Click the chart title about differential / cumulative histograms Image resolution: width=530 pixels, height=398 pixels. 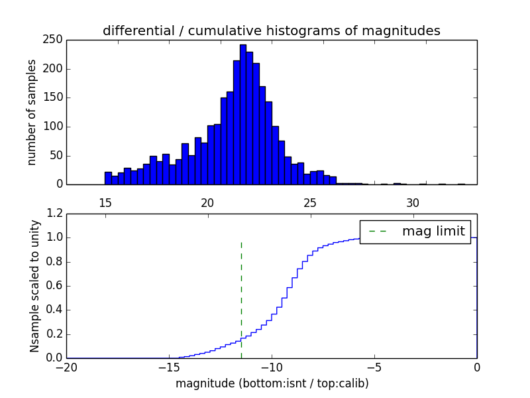tap(271, 31)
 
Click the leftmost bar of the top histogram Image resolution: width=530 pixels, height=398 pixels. tap(108, 178)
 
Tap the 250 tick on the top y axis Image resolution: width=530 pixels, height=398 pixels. tap(55, 40)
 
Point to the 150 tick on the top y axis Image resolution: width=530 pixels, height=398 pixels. tap(55, 98)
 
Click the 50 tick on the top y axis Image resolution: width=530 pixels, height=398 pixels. tap(55, 155)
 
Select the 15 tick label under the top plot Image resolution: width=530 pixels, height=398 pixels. tap(105, 202)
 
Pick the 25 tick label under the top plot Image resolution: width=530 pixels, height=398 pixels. tap(310, 202)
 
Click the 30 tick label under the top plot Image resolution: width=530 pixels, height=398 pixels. tap(413, 202)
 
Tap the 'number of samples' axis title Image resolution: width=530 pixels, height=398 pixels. tap(32, 111)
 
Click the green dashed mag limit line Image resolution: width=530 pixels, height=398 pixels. tap(241, 298)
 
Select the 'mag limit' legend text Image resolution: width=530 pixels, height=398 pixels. tap(433, 232)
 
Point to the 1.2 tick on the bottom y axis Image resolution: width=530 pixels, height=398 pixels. tap(55, 214)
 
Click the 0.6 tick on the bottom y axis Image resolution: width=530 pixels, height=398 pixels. tap(55, 286)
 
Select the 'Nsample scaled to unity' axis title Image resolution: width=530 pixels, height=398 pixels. tap(34, 285)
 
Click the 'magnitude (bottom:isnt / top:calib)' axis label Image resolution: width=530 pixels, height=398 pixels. tap(272, 383)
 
